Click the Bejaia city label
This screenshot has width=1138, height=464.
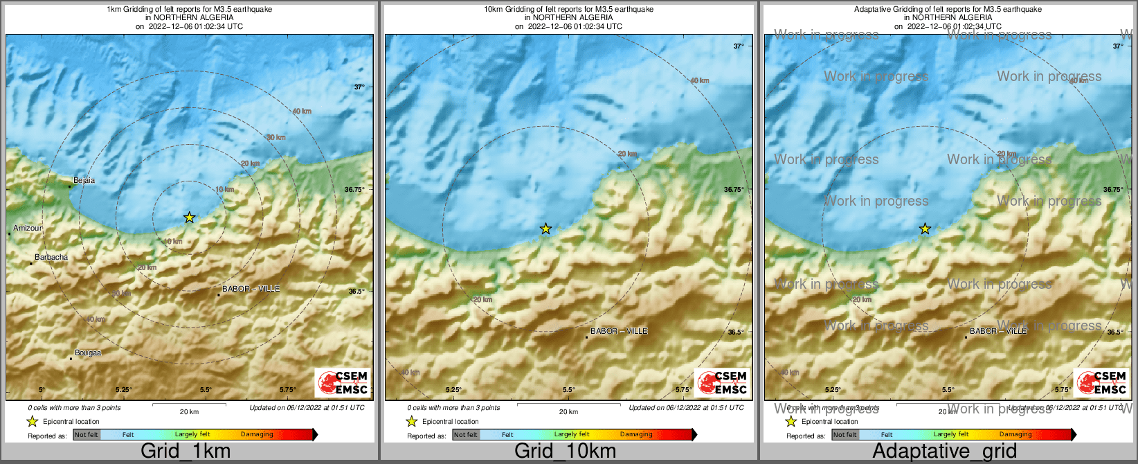84,181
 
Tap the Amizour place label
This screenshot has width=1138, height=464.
28,228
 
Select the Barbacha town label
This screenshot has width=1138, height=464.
51,258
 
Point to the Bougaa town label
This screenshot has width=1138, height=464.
88,353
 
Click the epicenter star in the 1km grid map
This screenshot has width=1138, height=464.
190,217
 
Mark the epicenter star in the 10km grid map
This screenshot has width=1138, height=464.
545,229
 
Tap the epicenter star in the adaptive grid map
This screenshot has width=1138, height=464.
925,229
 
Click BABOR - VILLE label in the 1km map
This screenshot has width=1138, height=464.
251,289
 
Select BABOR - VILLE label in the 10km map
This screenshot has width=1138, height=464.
619,331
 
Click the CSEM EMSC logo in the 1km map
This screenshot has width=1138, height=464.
342,382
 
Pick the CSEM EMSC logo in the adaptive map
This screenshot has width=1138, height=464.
1101,382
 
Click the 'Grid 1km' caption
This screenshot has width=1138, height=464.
186,452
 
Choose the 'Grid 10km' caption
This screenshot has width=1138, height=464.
565,452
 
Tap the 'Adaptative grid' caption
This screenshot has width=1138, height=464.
944,452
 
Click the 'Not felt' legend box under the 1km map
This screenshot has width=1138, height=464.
87,435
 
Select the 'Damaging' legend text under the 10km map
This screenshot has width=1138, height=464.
636,435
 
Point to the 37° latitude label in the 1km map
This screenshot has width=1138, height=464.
359,87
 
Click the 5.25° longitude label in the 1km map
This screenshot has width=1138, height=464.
124,390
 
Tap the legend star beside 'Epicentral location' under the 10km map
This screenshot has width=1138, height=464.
411,421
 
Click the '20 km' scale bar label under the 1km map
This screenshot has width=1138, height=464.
189,412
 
